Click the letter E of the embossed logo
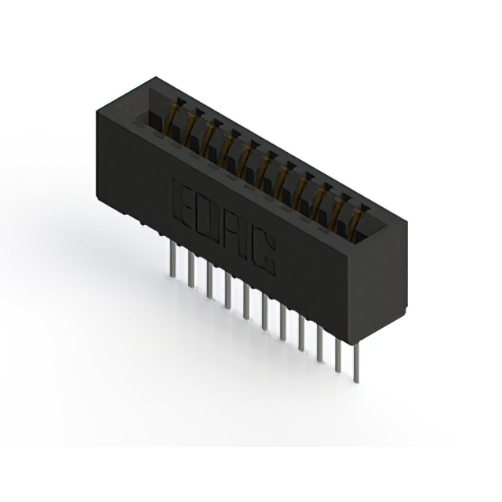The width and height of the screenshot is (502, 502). tap(182, 201)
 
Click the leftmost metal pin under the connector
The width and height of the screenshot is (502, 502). tap(173, 259)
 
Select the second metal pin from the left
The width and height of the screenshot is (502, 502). tap(191, 269)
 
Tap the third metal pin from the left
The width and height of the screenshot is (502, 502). tap(209, 280)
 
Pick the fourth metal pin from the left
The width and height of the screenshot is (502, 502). tap(228, 291)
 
